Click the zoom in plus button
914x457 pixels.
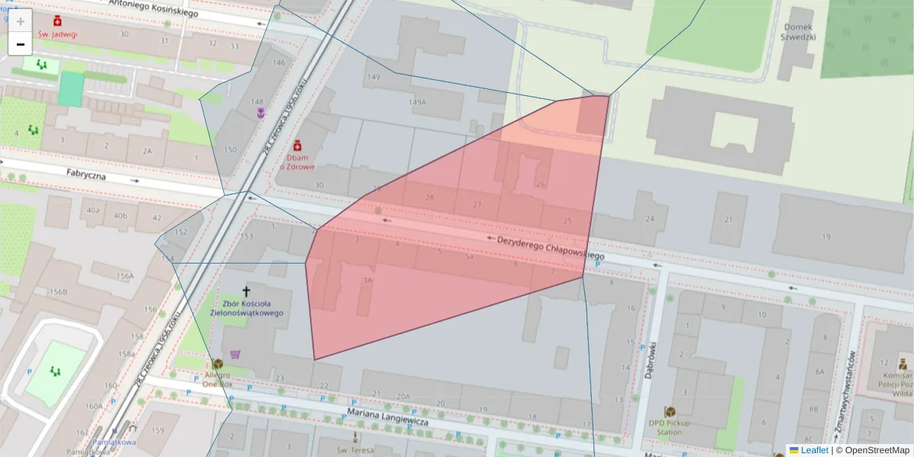click(x=21, y=21)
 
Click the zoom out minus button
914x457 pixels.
click(x=21, y=44)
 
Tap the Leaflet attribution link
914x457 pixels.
click(x=814, y=450)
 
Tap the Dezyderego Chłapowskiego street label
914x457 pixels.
click(x=550, y=248)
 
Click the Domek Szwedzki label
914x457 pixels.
click(x=799, y=31)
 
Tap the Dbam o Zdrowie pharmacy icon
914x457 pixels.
click(x=297, y=145)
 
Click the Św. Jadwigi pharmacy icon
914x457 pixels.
click(x=57, y=21)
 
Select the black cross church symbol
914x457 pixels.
click(x=245, y=291)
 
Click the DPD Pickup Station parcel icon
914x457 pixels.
click(x=670, y=411)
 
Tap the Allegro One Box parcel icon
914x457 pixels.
click(x=218, y=364)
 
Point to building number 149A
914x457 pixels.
click(x=417, y=102)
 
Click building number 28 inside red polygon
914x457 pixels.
click(x=430, y=198)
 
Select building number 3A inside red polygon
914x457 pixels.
click(x=368, y=280)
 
